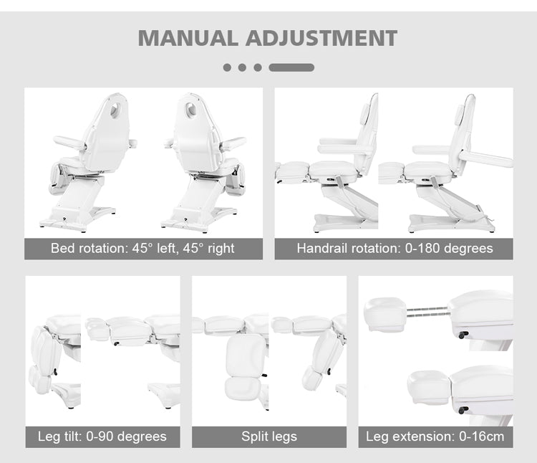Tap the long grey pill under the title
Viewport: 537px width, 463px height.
291,67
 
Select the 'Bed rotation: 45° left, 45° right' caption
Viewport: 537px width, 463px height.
142,249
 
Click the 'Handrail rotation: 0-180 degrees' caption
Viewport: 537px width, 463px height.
395,249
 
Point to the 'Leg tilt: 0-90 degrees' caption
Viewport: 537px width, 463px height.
102,436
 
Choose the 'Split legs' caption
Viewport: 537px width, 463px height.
269,436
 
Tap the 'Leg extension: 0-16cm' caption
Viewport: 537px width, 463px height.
435,436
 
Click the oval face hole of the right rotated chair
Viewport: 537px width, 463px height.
192,110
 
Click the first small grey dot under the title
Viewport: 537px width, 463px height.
227,67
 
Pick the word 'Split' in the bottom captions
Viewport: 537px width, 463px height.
254,436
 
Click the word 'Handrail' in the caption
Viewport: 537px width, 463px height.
322,249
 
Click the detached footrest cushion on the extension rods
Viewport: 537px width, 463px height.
385,314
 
